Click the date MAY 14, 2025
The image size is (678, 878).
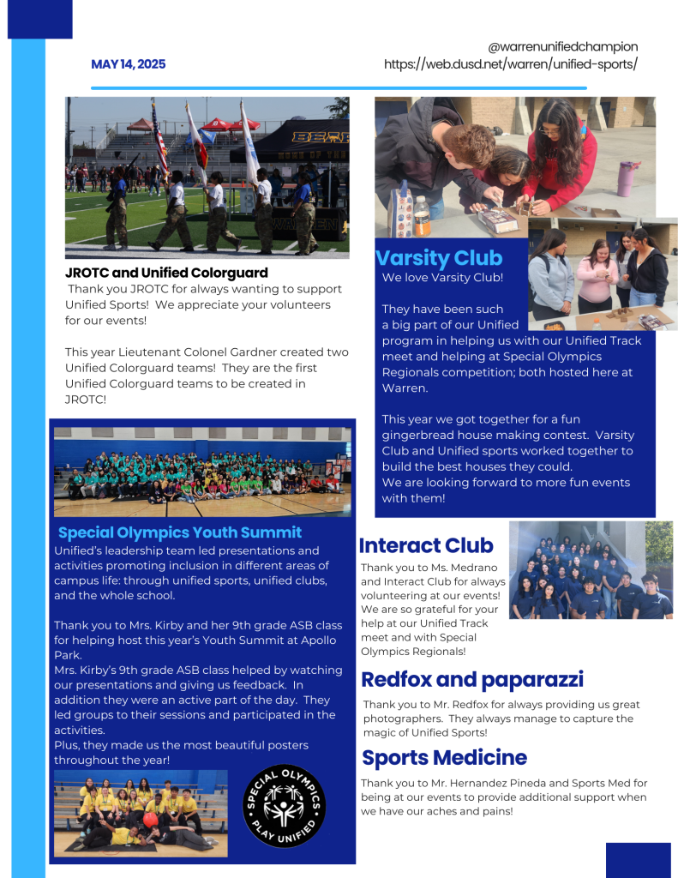128,64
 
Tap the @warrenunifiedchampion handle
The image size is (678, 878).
562,46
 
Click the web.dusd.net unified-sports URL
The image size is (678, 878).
510,64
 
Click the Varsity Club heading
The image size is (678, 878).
439,258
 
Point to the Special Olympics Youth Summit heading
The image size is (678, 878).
180,532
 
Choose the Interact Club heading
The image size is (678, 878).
426,545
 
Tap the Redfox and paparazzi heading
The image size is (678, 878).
472,680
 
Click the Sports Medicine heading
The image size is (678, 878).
444,758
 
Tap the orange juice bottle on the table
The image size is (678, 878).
423,216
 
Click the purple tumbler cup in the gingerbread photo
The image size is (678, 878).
626,177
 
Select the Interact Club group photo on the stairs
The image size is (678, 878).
591,570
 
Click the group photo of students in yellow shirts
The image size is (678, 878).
141,811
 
